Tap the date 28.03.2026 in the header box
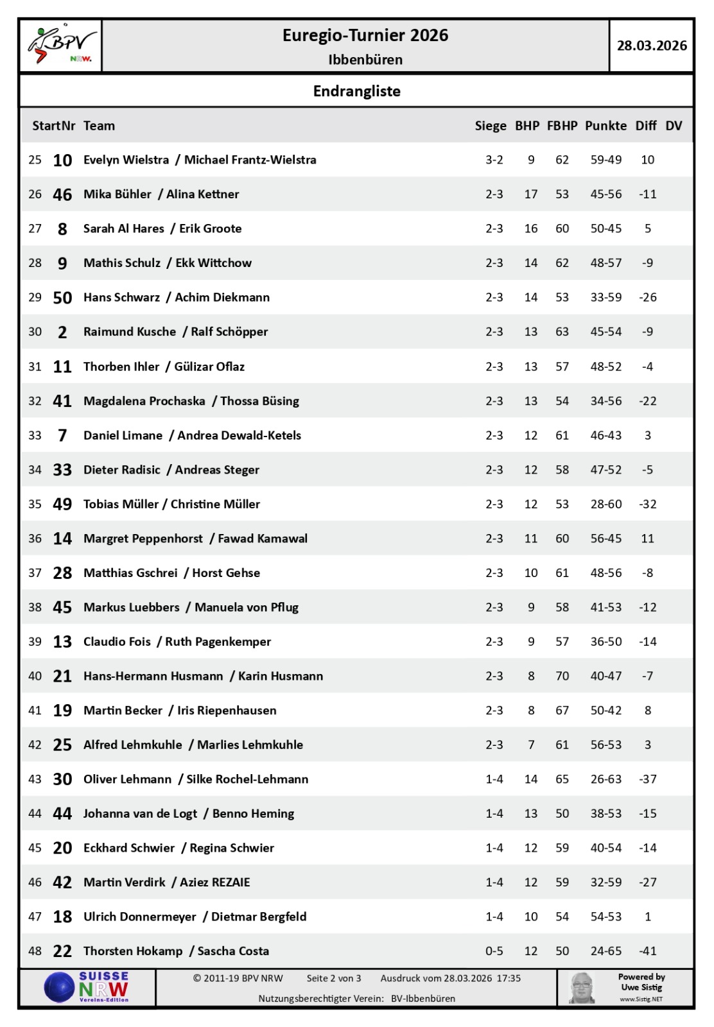pos(652,46)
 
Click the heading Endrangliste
pos(356,91)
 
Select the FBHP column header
pos(562,126)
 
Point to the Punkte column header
pos(605,126)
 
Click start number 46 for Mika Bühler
pos(62,194)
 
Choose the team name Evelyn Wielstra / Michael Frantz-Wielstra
pos(200,160)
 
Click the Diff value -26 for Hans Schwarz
pos(647,297)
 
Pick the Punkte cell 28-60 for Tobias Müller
pos(605,504)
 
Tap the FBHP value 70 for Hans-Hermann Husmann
pos(562,676)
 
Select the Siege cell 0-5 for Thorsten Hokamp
pos(494,951)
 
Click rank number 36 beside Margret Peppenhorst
pos(35,539)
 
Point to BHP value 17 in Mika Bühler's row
pos(530,194)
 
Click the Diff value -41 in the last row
pos(647,951)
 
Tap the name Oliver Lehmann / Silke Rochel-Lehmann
pos(196,779)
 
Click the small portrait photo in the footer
pos(582,988)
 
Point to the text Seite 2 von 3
pos(333,978)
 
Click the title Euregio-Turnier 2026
pos(365,35)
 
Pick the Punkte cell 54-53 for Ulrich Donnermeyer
pos(605,917)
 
